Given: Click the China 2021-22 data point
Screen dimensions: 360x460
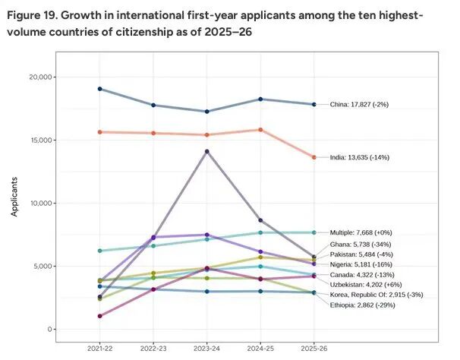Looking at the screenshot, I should tap(100, 89).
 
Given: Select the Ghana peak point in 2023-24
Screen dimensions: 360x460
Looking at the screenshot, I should tap(207, 151).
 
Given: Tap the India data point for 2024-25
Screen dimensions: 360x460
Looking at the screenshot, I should tap(260, 130).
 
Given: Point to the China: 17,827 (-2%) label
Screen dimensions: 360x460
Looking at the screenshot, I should tap(359, 104).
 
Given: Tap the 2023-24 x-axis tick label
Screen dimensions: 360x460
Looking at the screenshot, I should tap(207, 346).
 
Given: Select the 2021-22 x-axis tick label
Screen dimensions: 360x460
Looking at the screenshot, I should tap(100, 346).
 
